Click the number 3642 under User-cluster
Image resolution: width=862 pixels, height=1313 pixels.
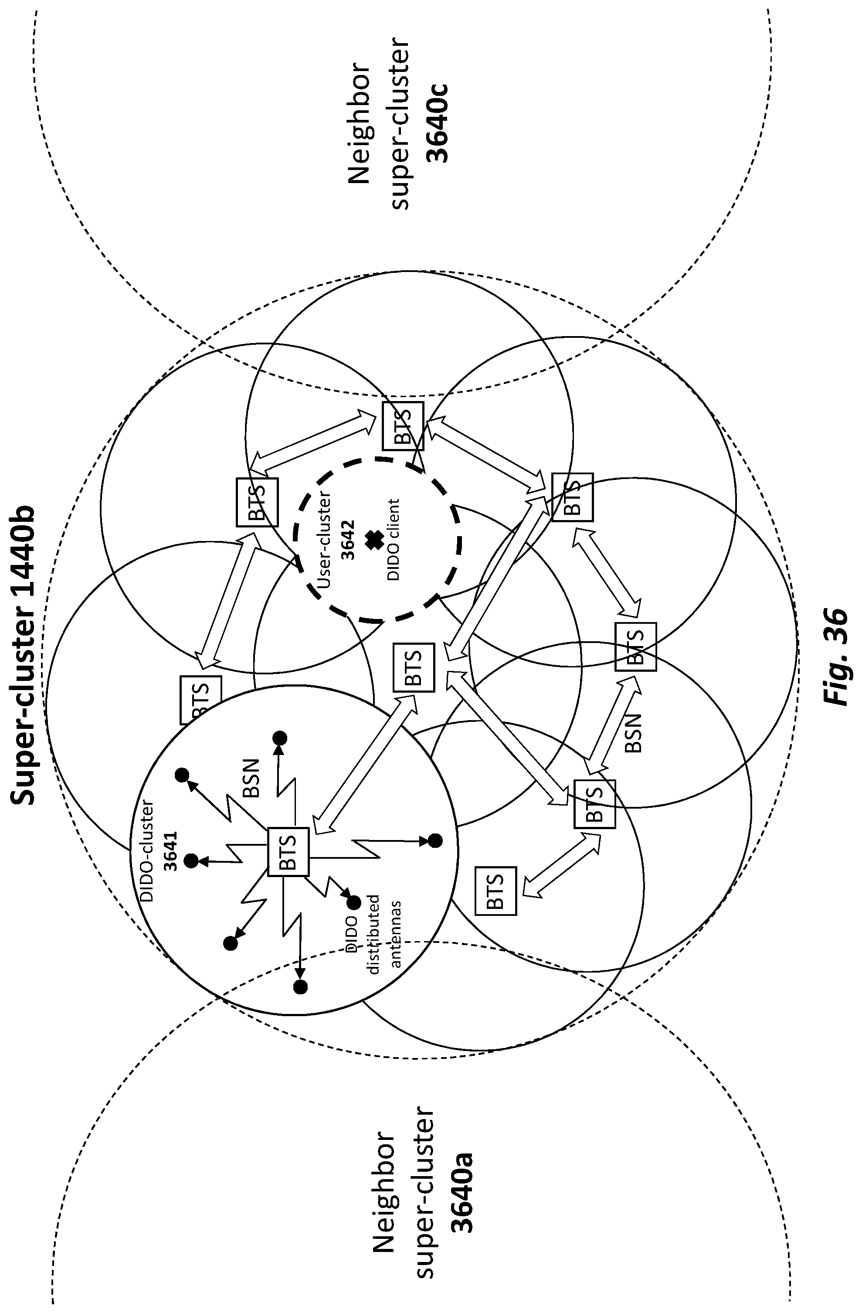(348, 541)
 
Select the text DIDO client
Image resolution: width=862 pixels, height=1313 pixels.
(393, 540)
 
